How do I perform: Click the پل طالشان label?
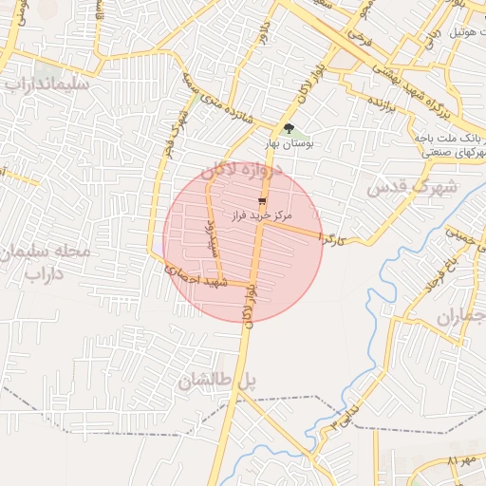(x=217, y=382)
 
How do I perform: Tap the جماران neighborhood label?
(x=460, y=316)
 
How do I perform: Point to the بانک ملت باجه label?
(x=451, y=139)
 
